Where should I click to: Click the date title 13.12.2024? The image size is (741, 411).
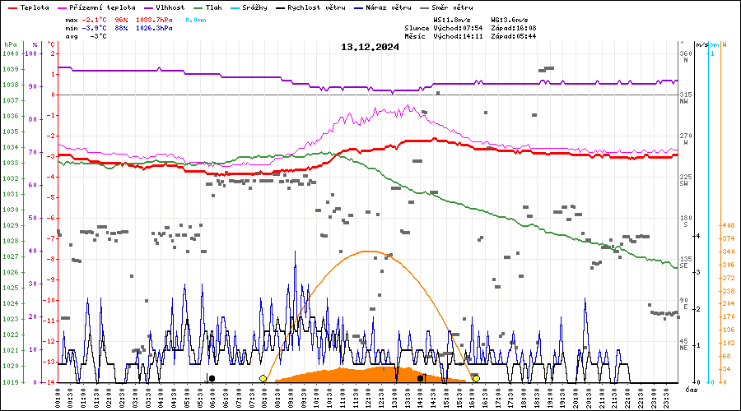coord(370,47)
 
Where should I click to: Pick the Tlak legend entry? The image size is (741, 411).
coord(217,7)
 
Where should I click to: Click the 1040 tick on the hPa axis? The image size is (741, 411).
coord(11,53)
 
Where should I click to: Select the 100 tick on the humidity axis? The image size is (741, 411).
coord(33,53)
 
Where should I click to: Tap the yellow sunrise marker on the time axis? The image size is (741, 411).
coord(263,378)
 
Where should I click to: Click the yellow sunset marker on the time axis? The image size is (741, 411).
coord(476,378)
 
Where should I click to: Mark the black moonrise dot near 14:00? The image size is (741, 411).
coord(421,378)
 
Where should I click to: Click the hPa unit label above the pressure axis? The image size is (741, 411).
coord(9,44)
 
